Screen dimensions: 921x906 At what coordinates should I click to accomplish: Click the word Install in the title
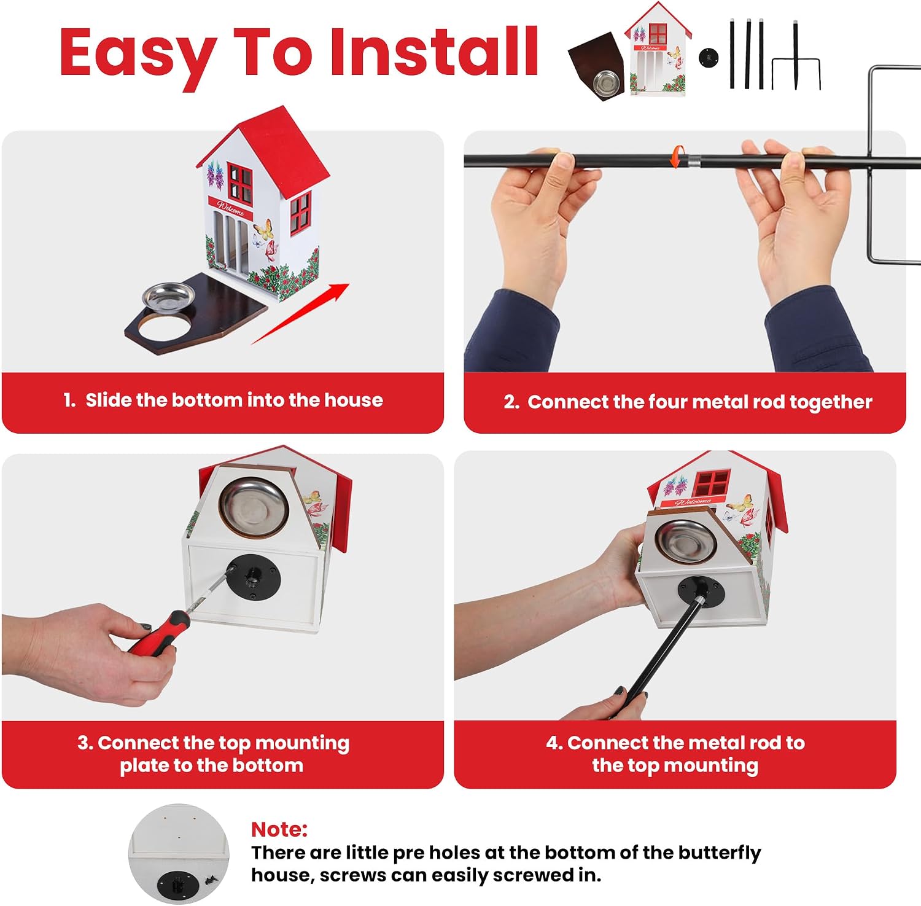(x=434, y=53)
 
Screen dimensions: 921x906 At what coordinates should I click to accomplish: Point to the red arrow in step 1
(x=300, y=314)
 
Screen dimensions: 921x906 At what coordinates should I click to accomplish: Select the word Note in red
(x=279, y=830)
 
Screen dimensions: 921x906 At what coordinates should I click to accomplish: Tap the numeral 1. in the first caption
(x=69, y=400)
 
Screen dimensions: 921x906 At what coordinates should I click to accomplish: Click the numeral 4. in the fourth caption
(x=554, y=743)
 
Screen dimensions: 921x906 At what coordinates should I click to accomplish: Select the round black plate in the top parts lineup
(x=709, y=58)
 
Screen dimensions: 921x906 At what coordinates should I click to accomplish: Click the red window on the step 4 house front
(x=712, y=483)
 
